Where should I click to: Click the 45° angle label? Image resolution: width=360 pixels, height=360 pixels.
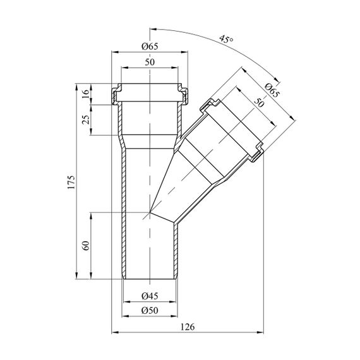click(226, 39)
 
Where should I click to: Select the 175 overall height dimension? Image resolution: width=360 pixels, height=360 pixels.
click(71, 182)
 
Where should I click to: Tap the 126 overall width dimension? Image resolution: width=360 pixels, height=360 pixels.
click(188, 327)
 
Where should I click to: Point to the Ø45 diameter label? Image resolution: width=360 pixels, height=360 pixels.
click(150, 296)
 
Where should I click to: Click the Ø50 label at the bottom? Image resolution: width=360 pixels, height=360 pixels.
click(150, 310)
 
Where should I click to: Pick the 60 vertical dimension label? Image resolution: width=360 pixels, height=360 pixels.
click(86, 246)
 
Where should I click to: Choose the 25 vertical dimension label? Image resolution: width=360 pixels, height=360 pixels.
click(86, 119)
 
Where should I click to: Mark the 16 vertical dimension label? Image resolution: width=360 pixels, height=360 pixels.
click(86, 93)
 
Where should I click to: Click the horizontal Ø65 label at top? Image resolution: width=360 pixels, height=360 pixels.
click(150, 46)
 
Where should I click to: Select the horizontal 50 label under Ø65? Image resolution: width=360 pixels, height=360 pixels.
click(150, 62)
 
